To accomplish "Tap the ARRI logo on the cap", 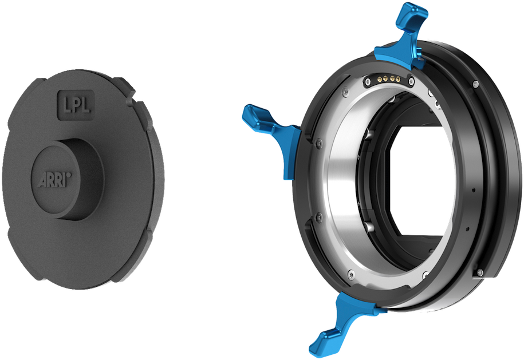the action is [x=55, y=180].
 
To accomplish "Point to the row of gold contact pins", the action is [x=388, y=80].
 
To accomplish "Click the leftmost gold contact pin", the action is [x=379, y=80].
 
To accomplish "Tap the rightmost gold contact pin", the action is [x=397, y=80].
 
